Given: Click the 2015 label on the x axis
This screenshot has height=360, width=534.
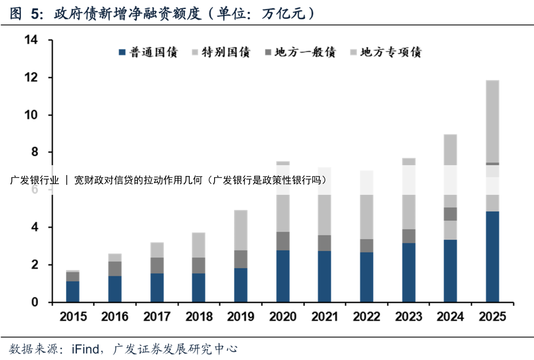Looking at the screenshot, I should [x=73, y=317].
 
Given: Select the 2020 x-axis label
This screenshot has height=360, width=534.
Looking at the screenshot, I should [x=283, y=317].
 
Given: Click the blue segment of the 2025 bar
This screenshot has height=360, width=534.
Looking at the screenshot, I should [x=492, y=257].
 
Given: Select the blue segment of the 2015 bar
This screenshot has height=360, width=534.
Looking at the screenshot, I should [x=73, y=291].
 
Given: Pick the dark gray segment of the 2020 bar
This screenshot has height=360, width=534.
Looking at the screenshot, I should [x=283, y=241].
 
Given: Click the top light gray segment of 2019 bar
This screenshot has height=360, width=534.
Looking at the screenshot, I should [x=241, y=230].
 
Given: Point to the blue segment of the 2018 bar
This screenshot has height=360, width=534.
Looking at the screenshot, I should [x=199, y=287].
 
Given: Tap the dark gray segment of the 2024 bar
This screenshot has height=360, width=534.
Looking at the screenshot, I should [x=450, y=214].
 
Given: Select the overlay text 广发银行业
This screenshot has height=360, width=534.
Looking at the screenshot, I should [x=35, y=180].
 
